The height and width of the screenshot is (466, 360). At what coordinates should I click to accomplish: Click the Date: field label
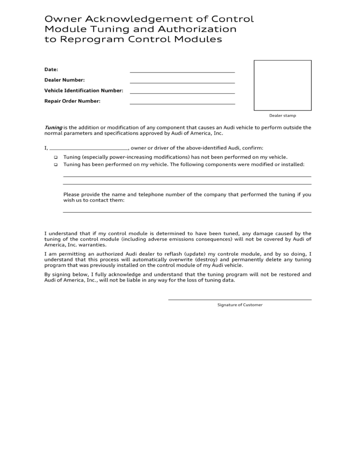(x=51, y=69)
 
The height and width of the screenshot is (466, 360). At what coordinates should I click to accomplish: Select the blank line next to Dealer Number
(x=182, y=82)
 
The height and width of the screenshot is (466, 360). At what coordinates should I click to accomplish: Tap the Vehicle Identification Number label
(x=84, y=91)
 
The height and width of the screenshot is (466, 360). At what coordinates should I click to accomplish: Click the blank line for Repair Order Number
(x=182, y=104)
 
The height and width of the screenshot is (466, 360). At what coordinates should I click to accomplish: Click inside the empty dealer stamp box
(x=282, y=85)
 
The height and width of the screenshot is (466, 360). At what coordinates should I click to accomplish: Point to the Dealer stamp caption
(x=282, y=116)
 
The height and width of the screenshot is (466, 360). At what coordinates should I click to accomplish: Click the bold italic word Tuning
(x=53, y=127)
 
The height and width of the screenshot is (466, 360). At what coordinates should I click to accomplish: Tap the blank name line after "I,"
(x=89, y=149)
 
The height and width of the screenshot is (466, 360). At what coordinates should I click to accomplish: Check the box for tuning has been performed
(x=56, y=165)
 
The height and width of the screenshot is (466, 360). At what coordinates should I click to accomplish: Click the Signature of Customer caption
(x=240, y=305)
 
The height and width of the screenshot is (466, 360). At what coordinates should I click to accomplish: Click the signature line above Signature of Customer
(x=240, y=299)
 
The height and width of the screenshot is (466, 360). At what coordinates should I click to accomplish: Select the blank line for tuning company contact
(x=187, y=212)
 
